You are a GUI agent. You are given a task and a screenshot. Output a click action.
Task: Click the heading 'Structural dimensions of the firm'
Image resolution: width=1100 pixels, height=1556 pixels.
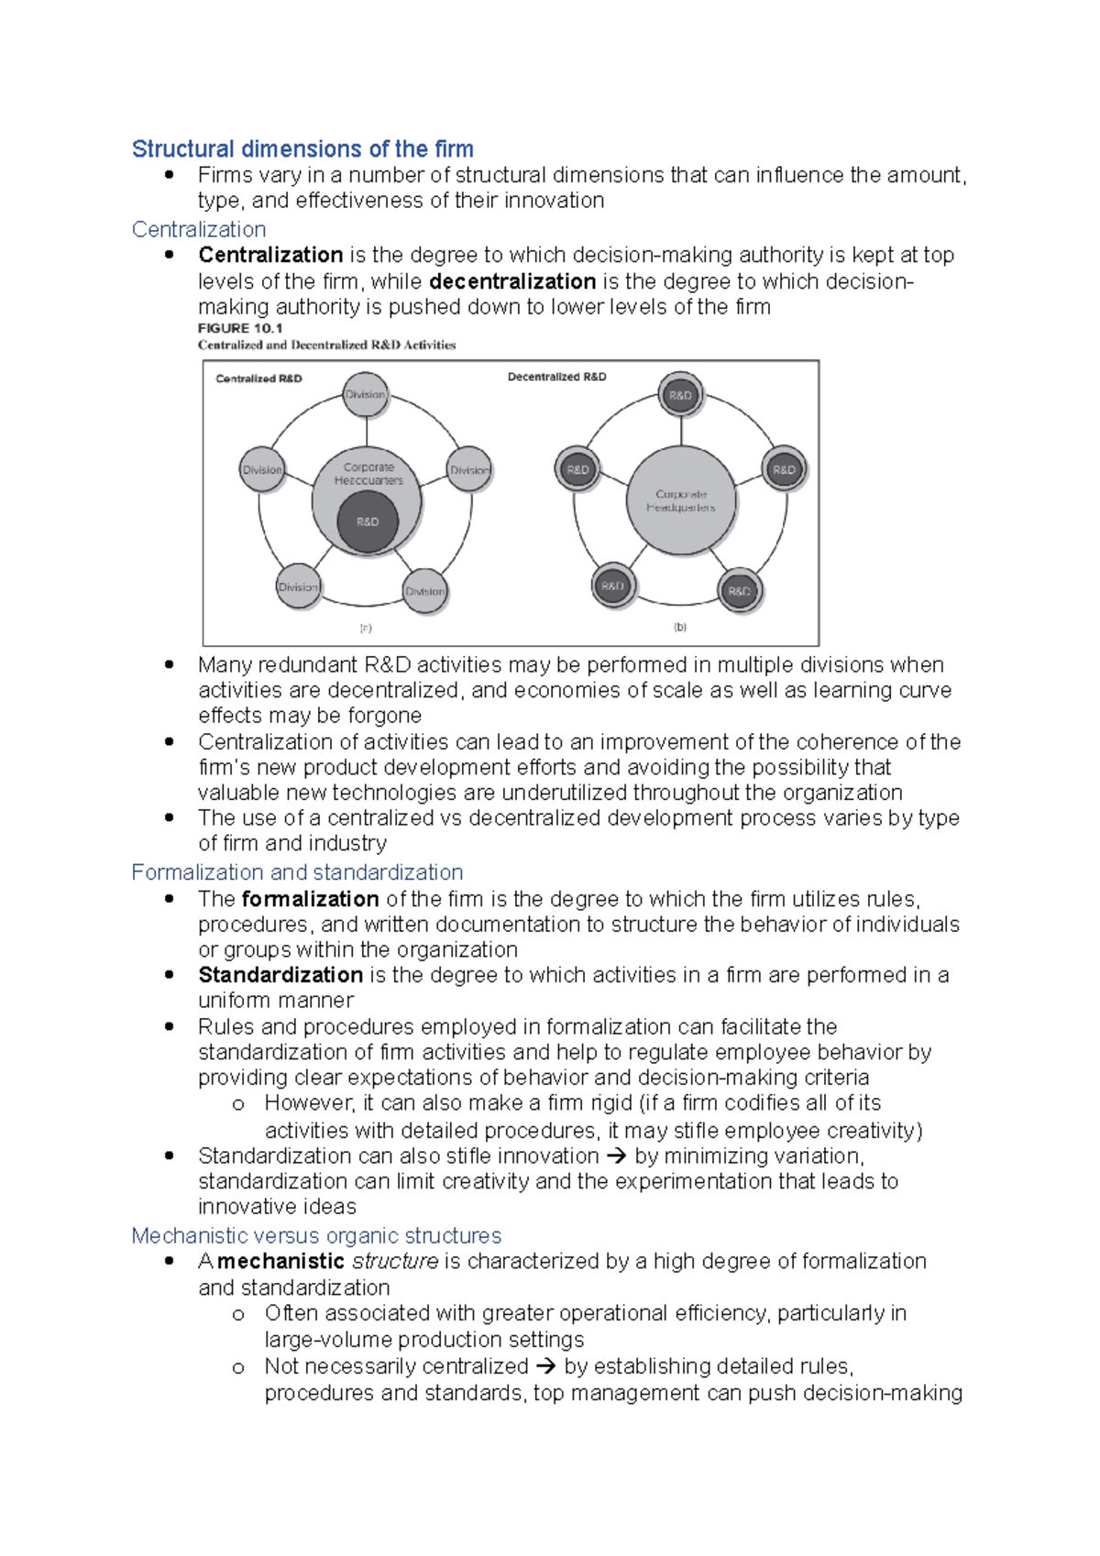pyautogui.click(x=302, y=148)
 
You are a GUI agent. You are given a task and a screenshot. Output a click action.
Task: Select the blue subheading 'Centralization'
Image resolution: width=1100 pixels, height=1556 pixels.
pyautogui.click(x=199, y=229)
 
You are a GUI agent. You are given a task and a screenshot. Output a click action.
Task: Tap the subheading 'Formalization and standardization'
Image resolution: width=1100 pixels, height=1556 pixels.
pyautogui.click(x=297, y=871)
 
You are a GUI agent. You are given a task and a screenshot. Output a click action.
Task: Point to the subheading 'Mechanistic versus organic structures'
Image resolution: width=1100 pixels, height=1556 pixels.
pyautogui.click(x=316, y=1235)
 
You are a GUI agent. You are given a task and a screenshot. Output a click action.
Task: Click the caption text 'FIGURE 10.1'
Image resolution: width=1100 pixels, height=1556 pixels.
pyautogui.click(x=240, y=328)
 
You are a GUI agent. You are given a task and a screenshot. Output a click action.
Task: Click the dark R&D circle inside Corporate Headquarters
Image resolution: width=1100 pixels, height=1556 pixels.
pyautogui.click(x=367, y=521)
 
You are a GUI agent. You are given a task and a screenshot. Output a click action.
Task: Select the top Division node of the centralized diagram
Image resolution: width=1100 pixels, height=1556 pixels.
pyautogui.click(x=366, y=395)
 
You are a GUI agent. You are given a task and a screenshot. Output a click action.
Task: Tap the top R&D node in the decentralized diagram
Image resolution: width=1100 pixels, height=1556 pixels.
pyautogui.click(x=680, y=395)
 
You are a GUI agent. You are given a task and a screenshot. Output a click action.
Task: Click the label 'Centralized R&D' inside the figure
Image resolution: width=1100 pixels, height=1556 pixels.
pyautogui.click(x=258, y=378)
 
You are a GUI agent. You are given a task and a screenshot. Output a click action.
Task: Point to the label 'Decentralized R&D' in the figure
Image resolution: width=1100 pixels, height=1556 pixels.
pyautogui.click(x=556, y=377)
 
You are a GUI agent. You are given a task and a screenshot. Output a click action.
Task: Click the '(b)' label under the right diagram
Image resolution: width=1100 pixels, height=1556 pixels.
pyautogui.click(x=680, y=628)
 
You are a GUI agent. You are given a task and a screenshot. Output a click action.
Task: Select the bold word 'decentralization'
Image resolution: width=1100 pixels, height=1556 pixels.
pyautogui.click(x=512, y=281)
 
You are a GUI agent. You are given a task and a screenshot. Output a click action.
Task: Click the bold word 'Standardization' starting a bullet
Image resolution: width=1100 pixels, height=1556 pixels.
pyautogui.click(x=280, y=975)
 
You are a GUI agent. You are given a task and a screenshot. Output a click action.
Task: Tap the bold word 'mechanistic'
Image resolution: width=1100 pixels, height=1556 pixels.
pyautogui.click(x=280, y=1261)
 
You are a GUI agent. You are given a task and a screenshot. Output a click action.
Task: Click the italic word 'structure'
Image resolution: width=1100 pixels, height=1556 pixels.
pyautogui.click(x=395, y=1261)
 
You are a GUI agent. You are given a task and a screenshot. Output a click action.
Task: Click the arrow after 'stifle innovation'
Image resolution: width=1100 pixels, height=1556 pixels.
pyautogui.click(x=616, y=1156)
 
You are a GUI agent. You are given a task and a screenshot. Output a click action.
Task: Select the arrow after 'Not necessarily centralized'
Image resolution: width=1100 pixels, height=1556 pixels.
pyautogui.click(x=545, y=1366)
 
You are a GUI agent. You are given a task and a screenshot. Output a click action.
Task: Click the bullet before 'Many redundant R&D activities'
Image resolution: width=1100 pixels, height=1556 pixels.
pyautogui.click(x=169, y=664)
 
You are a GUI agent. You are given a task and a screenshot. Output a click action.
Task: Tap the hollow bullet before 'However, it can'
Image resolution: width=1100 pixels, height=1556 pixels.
pyautogui.click(x=238, y=1104)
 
